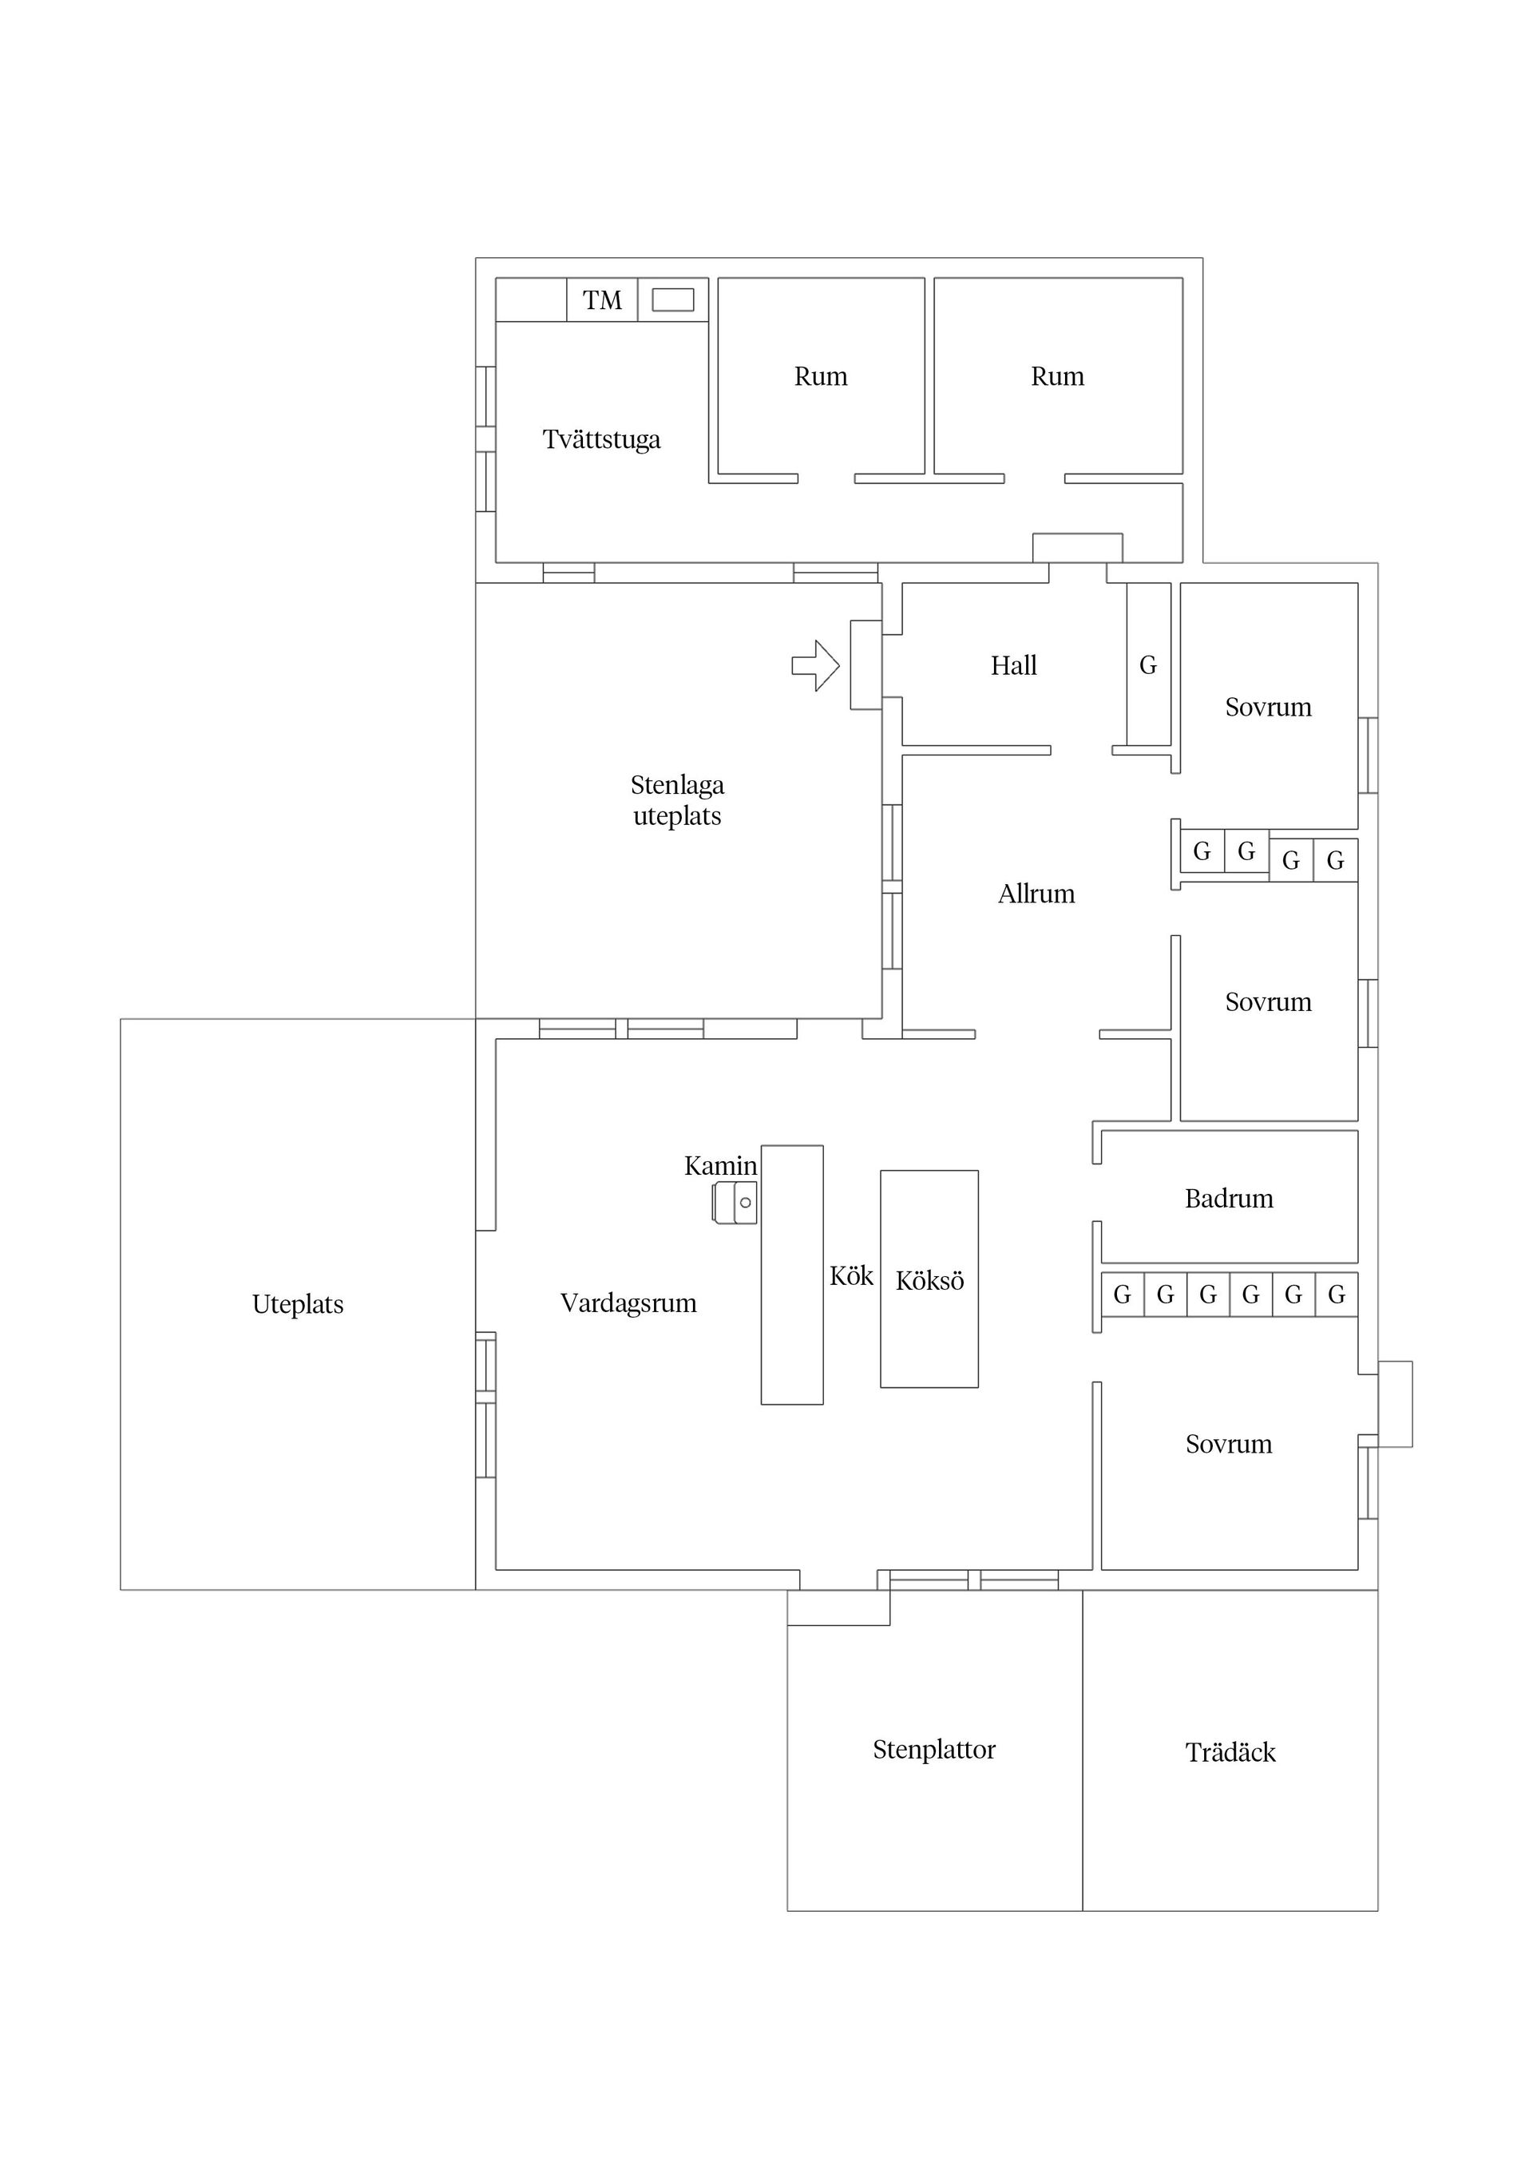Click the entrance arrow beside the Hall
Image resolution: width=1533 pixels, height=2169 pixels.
pyautogui.click(x=815, y=665)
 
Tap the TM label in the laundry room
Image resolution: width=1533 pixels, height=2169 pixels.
pyautogui.click(x=602, y=300)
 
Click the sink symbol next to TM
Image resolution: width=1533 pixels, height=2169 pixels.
pyautogui.click(x=672, y=299)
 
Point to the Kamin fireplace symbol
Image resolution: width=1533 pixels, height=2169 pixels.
pyautogui.click(x=735, y=1203)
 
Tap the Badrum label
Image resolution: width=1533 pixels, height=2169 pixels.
pyautogui.click(x=1228, y=1199)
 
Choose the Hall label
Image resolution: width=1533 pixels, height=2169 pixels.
pyautogui.click(x=1012, y=666)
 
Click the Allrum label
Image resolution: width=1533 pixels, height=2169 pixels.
pyautogui.click(x=1036, y=894)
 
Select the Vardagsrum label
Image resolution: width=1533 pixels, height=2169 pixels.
pyautogui.click(x=628, y=1303)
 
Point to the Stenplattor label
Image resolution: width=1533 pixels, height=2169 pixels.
pyautogui.click(x=933, y=1751)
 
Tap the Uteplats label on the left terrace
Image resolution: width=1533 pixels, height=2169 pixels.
pyautogui.click(x=298, y=1305)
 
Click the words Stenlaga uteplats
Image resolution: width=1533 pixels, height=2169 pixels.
pyautogui.click(x=676, y=800)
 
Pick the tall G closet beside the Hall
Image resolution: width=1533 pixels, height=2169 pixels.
pyautogui.click(x=1147, y=665)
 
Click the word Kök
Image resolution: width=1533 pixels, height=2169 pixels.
pyautogui.click(x=851, y=1276)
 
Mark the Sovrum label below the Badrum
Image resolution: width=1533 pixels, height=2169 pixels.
pyautogui.click(x=1228, y=1445)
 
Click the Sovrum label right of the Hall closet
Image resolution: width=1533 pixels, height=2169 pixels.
pyautogui.click(x=1268, y=708)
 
